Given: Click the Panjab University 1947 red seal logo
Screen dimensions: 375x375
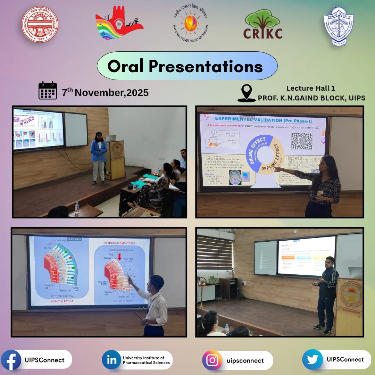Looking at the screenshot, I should point(40,24).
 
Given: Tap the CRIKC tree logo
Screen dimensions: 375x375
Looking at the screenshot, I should point(263,24).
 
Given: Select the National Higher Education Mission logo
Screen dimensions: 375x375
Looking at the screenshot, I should point(190,24).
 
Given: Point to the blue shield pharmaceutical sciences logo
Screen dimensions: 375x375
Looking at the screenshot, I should point(339,25).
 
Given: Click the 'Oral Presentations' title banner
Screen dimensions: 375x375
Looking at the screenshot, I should point(187,66).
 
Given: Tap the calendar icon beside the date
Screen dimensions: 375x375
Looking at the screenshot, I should point(48,91).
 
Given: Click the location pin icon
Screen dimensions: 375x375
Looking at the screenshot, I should point(247,93).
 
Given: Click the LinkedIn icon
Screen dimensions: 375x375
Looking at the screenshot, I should point(111,360).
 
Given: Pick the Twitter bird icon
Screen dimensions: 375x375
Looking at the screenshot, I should point(312,360).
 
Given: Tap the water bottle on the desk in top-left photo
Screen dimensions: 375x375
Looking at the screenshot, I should point(77,207).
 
